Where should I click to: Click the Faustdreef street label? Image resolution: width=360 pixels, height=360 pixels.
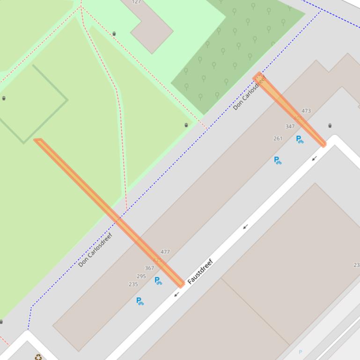200,272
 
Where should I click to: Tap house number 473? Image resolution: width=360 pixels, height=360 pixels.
306,111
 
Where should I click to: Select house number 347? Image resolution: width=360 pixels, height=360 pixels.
290,126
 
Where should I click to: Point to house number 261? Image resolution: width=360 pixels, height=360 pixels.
278,138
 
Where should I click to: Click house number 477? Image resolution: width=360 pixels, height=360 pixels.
165,252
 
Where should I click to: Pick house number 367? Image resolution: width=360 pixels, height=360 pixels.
149,268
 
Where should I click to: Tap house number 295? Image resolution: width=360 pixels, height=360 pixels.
141,276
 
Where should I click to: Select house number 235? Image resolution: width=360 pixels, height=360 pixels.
133,284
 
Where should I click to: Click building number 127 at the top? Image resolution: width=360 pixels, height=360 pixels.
136,2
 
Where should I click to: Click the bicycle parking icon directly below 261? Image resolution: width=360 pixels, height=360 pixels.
278,160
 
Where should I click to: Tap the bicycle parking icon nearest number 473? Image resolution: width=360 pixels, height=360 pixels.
300,139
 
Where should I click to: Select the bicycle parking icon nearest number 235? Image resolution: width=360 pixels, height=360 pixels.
140,301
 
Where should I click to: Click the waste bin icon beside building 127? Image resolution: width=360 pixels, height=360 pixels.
114,34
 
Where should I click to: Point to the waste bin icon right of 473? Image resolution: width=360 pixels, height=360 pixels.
330,125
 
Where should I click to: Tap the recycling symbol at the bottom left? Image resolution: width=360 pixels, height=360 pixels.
38,357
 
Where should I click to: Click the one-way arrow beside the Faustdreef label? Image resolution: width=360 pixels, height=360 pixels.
176,294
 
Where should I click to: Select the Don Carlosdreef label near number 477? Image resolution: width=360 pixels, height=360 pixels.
96,250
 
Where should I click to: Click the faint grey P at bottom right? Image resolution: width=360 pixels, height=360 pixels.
301,352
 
